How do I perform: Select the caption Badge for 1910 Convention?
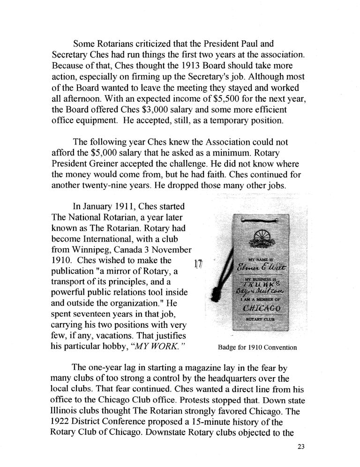click(257, 348)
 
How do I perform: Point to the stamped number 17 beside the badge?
click(197, 263)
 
